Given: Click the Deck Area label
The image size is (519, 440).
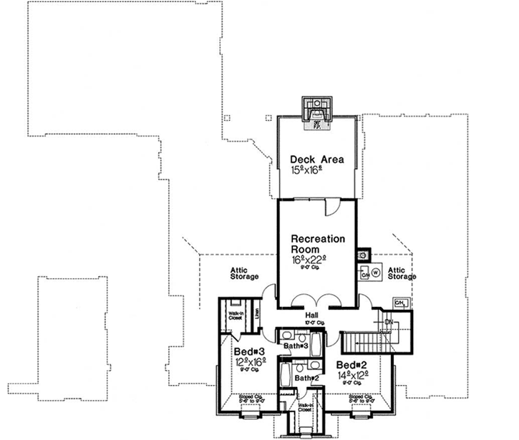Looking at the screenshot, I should point(316,159).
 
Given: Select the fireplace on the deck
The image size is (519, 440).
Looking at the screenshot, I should point(316,112).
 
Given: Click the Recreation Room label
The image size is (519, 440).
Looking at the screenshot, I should point(318,244).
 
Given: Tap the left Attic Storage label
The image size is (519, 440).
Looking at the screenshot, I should point(243,273).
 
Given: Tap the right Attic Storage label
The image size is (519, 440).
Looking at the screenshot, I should point(401,273).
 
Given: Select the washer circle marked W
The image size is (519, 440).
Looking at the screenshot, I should point(376,273).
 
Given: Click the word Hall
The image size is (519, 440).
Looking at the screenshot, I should point(311,313).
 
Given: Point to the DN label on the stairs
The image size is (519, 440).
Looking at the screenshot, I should point(387,323).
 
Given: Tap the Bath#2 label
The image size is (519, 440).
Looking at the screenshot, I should point(306,377).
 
